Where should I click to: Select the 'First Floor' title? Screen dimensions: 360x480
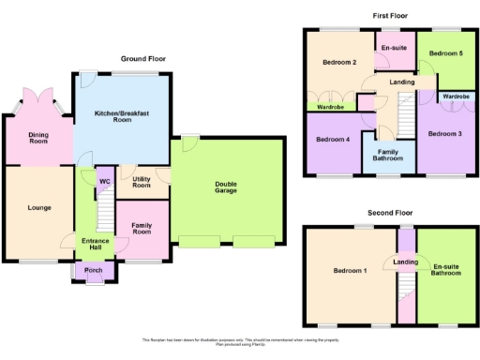point(389,16)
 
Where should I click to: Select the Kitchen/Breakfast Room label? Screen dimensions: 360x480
point(122,117)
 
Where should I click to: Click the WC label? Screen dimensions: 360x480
point(105,181)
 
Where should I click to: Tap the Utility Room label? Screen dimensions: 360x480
point(142,182)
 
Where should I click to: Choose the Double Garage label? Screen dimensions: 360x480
point(225,187)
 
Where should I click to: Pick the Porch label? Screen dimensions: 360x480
point(93,271)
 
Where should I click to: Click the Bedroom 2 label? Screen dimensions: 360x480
point(339,63)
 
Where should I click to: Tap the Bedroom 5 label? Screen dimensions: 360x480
point(445,54)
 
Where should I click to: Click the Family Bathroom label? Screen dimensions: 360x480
point(390,155)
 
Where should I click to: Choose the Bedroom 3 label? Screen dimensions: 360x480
point(445,134)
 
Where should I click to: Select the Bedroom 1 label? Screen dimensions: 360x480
point(350,271)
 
